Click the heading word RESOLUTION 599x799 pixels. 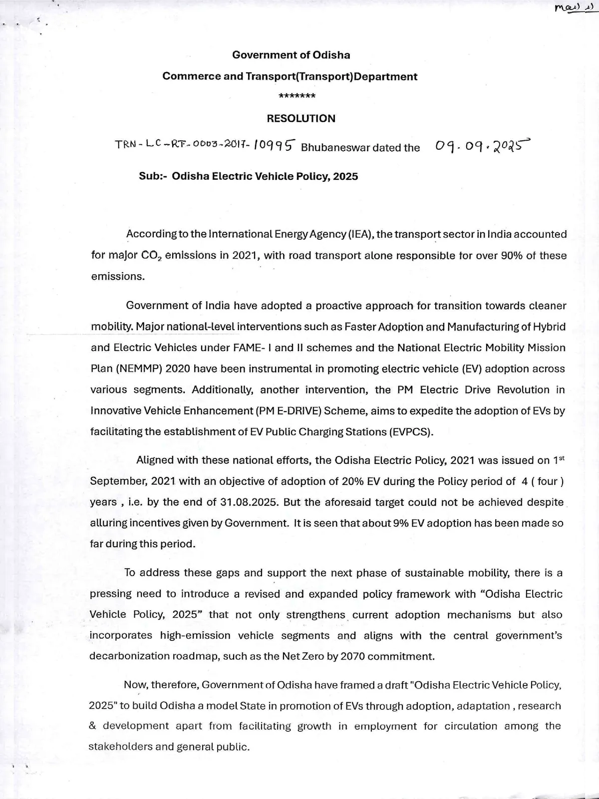coord(301,118)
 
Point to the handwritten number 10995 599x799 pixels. coord(275,145)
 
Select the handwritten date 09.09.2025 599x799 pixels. coord(481,145)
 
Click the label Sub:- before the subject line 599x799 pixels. coord(153,176)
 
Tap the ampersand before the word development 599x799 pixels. coord(92,726)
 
